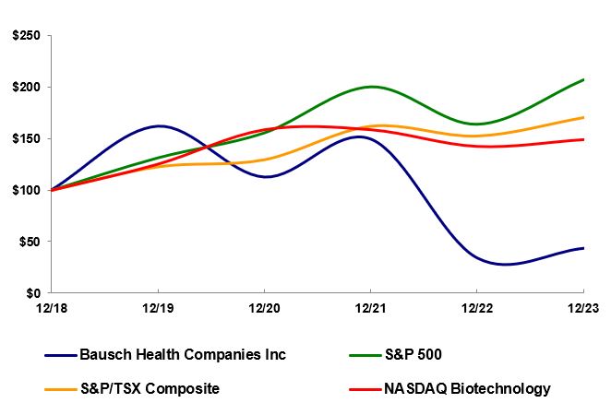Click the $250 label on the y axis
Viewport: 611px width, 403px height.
27,35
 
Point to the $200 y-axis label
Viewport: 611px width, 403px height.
27,87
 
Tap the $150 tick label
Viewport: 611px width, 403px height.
27,138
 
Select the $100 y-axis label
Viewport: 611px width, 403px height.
27,190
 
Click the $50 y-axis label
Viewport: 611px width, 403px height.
30,242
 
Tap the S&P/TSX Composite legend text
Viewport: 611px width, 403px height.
150,387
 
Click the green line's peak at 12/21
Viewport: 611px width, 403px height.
371,87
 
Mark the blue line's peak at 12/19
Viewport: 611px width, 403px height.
159,125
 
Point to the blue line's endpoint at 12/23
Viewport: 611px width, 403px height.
583,248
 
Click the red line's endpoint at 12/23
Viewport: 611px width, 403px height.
583,139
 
